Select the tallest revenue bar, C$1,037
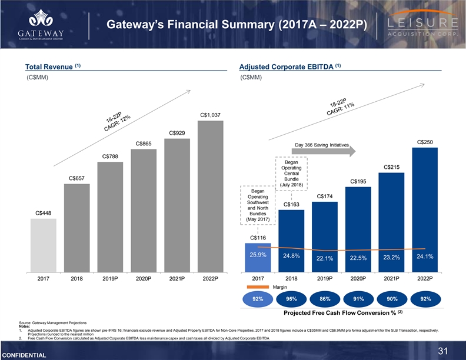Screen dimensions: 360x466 pyautogui.click(x=210, y=196)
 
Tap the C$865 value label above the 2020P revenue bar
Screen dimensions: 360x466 pyautogui.click(x=144, y=144)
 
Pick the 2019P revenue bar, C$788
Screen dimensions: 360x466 pyautogui.click(x=110, y=216)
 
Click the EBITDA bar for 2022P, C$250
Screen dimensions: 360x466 pyautogui.click(x=425, y=209)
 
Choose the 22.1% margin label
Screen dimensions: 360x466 pyautogui.click(x=325, y=258)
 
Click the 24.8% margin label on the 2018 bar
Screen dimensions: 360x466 pyautogui.click(x=291, y=256)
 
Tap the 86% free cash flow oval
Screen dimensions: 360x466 pyautogui.click(x=325, y=299)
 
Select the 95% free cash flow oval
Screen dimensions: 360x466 pyautogui.click(x=291, y=299)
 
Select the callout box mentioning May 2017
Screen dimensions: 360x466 pyautogui.click(x=257, y=205)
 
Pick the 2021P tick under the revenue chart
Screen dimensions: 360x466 pyautogui.click(x=177, y=279)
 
